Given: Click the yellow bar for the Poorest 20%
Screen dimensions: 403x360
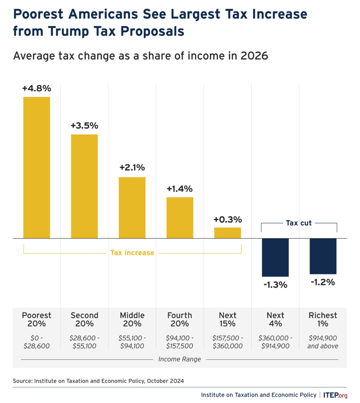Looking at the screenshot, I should (x=37, y=167).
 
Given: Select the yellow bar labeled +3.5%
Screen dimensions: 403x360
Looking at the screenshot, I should (x=84, y=186).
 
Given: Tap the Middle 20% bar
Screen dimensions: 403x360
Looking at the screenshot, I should (x=132, y=207).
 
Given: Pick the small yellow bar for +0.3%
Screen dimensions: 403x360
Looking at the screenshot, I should (x=227, y=233).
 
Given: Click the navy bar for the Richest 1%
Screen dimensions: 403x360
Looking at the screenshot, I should (x=323, y=256).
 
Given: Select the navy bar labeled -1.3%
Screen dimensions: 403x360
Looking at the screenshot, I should (x=275, y=257).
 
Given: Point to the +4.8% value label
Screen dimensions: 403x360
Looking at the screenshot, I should (x=37, y=89).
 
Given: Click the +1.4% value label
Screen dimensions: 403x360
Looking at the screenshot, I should (x=180, y=189).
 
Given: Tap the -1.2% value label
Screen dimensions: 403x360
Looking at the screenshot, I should (x=323, y=282).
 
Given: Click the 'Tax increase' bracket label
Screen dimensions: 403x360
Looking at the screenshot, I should (x=132, y=253).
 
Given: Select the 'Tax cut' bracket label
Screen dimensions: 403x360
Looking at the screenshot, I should (x=299, y=223).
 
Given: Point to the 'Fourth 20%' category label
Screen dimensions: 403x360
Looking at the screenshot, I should (x=180, y=320).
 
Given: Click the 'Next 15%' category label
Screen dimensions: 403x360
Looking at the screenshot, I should (x=227, y=320).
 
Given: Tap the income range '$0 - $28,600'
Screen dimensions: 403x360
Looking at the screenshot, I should (x=37, y=342).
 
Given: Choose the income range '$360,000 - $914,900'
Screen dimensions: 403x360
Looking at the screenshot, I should (x=275, y=342).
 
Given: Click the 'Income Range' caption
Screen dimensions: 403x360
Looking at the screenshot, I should (x=180, y=359).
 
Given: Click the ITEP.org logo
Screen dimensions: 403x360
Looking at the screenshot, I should (x=336, y=395).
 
